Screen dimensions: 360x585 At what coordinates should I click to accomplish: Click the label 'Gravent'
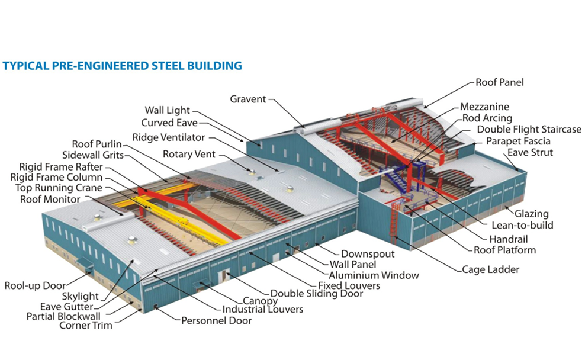coord(248,99)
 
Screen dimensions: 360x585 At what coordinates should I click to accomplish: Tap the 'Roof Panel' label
coord(500,82)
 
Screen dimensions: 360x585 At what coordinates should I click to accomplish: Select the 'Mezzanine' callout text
coord(484,107)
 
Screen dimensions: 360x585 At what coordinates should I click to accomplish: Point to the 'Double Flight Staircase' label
coord(529,129)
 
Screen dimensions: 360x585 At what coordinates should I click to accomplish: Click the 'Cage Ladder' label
coord(491,269)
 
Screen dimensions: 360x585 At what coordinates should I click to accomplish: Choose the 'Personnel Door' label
coord(216,320)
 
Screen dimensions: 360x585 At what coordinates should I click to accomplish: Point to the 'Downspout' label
coord(367,254)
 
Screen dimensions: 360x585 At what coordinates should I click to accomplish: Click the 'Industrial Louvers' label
coord(262,309)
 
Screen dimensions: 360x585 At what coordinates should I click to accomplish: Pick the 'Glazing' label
coord(531,214)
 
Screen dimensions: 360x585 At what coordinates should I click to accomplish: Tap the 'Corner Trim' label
coord(85,325)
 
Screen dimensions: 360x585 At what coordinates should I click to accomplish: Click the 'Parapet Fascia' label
coord(518,141)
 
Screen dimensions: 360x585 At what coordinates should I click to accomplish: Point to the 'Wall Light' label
coord(167,110)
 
